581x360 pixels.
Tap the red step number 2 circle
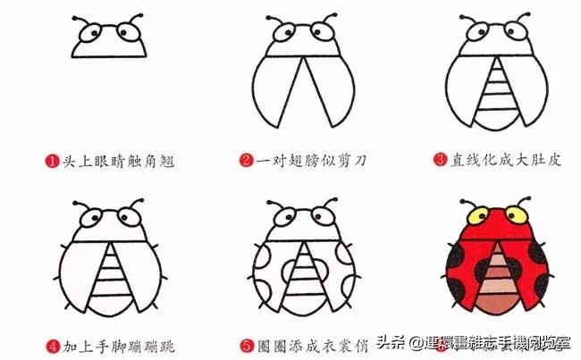[245, 162]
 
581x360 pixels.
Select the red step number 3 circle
[439, 162]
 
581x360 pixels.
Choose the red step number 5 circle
[245, 342]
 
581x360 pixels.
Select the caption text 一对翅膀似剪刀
[310, 162]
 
